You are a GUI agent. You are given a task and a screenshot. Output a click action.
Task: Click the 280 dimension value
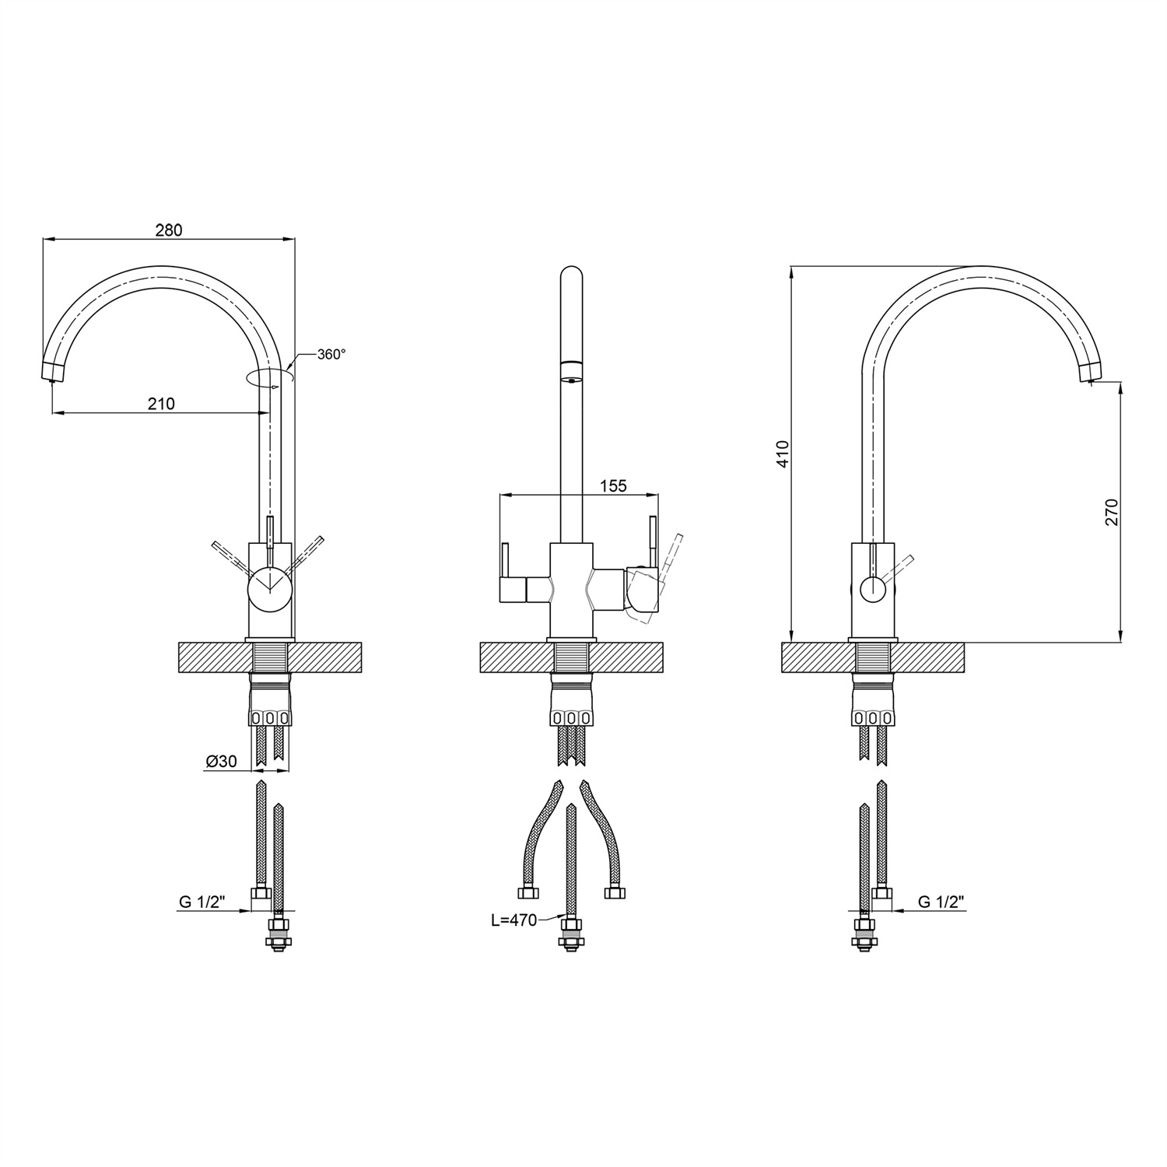click(x=169, y=230)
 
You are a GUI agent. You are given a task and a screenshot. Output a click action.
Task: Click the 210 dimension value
click(x=161, y=404)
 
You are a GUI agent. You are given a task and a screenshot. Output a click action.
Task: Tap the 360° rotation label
click(x=331, y=354)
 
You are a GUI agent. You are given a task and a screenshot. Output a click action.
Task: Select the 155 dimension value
click(x=613, y=486)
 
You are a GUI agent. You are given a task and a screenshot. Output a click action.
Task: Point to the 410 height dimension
click(x=783, y=454)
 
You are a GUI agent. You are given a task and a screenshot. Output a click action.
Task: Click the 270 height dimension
click(x=1112, y=512)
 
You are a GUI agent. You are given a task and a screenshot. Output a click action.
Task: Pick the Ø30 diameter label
click(x=221, y=762)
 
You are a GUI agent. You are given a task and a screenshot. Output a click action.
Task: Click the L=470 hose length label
click(x=513, y=920)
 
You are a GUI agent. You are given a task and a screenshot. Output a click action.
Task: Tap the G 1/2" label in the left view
click(x=202, y=902)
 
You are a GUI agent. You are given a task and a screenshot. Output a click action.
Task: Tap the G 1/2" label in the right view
click(x=941, y=902)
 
